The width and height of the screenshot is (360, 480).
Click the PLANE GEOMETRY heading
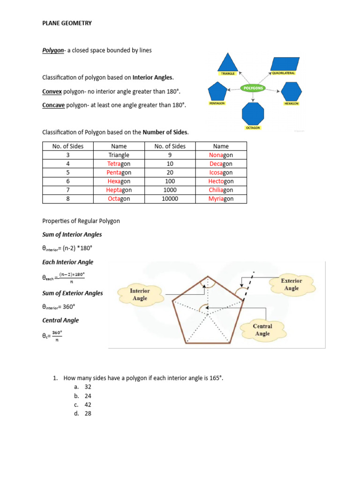click(67, 23)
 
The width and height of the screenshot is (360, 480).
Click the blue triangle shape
click(228, 62)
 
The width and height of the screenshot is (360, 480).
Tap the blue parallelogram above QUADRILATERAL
click(285, 64)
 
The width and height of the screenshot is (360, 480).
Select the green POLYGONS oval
click(253, 88)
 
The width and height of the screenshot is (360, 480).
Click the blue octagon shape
click(253, 114)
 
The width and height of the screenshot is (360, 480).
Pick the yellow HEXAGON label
click(292, 103)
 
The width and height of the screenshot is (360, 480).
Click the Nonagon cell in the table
click(221, 155)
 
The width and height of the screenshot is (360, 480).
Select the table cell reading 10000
click(170, 199)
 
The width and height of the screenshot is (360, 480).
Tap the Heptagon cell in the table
click(119, 190)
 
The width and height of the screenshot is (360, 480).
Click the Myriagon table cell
click(221, 199)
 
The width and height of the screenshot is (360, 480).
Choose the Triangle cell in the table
click(119, 155)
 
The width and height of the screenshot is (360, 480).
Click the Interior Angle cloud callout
click(140, 294)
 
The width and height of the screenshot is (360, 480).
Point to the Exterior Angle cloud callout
click(291, 285)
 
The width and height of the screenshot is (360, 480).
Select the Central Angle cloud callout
click(262, 330)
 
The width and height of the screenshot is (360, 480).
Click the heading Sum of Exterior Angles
click(73, 293)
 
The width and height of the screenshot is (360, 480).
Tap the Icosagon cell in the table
click(221, 172)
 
